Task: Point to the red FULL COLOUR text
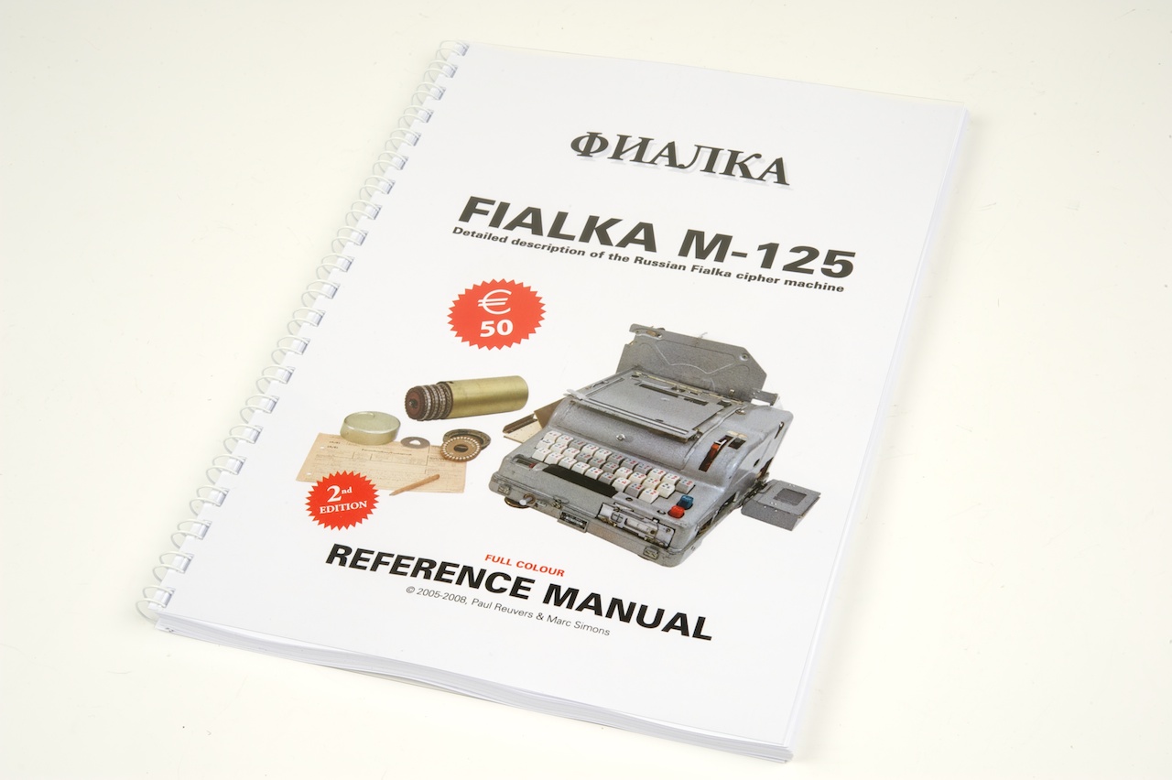click(525, 565)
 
